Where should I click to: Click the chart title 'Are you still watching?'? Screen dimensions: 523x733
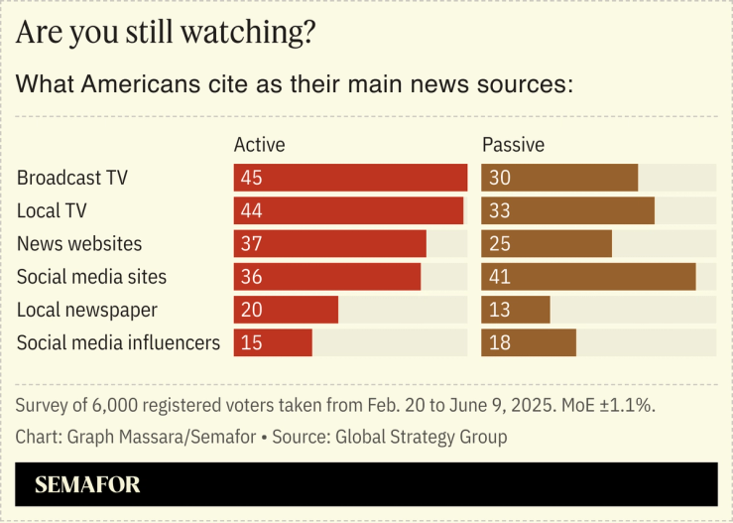[167, 32]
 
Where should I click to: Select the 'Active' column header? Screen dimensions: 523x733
[259, 145]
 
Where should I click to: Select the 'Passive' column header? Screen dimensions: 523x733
[513, 145]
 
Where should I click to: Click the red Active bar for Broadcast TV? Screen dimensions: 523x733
[350, 178]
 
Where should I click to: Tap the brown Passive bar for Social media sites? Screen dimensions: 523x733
[588, 277]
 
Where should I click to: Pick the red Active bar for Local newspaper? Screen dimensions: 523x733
[286, 310]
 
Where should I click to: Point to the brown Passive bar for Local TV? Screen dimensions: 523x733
[567, 210]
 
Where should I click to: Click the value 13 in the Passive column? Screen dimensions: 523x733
[499, 310]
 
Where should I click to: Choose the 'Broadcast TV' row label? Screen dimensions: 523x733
[72, 179]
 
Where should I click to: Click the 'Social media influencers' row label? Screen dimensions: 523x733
[118, 343]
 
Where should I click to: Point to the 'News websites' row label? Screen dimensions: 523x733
[79, 244]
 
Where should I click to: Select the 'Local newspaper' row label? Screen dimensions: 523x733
[87, 310]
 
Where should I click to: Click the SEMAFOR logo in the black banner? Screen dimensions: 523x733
[87, 485]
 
